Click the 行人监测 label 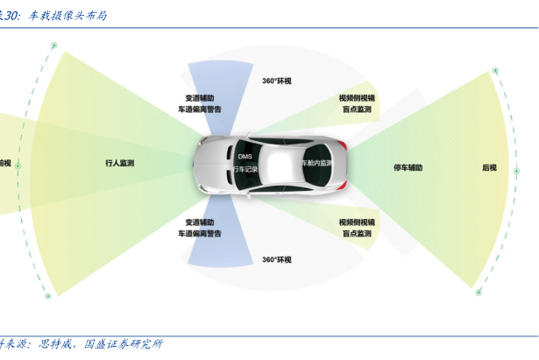click(119, 163)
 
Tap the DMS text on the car click(245, 156)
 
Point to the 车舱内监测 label click(317, 163)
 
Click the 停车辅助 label click(408, 167)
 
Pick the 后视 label click(489, 167)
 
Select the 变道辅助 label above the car click(199, 98)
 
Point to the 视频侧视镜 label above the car click(357, 99)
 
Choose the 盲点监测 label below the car click(357, 234)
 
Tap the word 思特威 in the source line click(59, 344)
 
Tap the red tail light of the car click(346, 144)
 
